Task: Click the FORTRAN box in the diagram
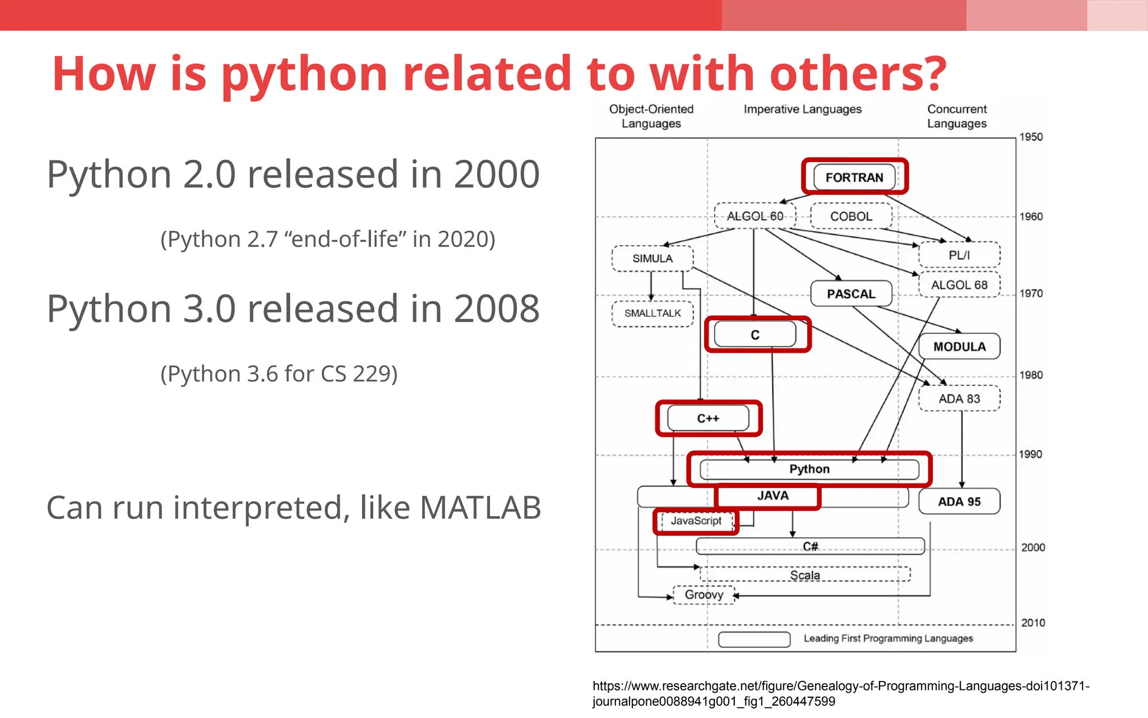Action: [x=854, y=177]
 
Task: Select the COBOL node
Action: [x=851, y=216]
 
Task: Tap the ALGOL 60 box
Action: [x=755, y=216]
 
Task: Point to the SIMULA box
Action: [x=652, y=259]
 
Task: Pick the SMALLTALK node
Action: [x=652, y=313]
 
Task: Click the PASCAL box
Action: [x=851, y=293]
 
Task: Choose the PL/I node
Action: [x=959, y=255]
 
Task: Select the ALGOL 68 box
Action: [x=959, y=285]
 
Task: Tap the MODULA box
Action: [x=959, y=347]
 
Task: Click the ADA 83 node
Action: [x=959, y=399]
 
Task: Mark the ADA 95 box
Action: [x=959, y=501]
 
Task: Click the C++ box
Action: [x=708, y=418]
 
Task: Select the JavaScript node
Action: [x=696, y=521]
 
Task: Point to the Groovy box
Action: [x=704, y=595]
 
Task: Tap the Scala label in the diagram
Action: [x=805, y=575]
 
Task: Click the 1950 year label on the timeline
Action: [x=1031, y=137]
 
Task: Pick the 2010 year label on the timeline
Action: [x=1033, y=623]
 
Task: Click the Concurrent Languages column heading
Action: [x=957, y=116]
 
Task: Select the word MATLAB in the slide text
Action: [x=480, y=508]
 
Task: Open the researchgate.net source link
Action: [x=841, y=693]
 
